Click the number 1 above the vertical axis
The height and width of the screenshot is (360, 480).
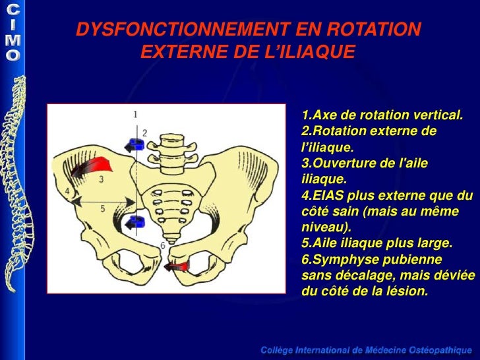[x=135, y=114]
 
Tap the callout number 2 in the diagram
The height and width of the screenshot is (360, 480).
[x=145, y=133]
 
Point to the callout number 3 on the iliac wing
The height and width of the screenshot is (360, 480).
[x=101, y=179]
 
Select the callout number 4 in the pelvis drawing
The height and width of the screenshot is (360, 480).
[x=67, y=191]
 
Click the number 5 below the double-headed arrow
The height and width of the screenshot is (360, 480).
[x=103, y=208]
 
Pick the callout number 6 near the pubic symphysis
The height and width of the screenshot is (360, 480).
[x=162, y=245]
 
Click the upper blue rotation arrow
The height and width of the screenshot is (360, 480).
[x=136, y=145]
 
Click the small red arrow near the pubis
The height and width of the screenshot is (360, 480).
[x=176, y=266]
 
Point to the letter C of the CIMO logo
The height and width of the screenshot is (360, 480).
[x=13, y=10]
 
